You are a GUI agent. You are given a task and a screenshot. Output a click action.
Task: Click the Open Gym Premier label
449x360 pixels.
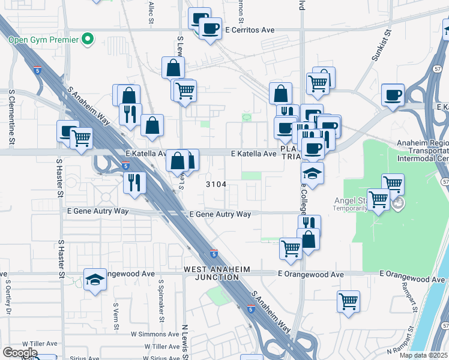tap(43, 40)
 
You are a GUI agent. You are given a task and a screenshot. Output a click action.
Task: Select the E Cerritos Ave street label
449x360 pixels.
tap(250, 29)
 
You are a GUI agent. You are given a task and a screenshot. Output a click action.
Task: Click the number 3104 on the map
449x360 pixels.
tap(216, 184)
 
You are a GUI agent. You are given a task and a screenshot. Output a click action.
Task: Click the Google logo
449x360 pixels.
tap(19, 353)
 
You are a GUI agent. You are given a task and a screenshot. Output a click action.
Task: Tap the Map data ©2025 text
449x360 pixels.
tap(423, 355)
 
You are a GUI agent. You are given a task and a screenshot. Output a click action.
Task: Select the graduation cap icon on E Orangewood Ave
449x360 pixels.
tap(95, 279)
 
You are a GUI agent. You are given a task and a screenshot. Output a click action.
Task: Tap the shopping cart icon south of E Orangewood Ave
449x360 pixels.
tap(348, 301)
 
